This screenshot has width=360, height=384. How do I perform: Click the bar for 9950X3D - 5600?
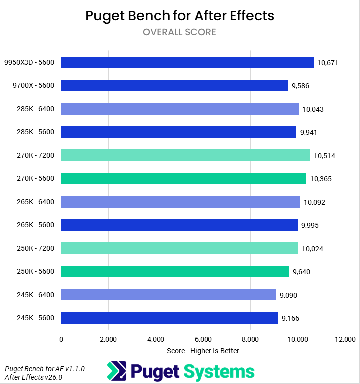point(187,62)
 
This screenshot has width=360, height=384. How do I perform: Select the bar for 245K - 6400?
point(168,295)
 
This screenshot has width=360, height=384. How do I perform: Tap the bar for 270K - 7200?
point(185,155)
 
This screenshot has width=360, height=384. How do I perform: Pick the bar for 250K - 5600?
point(175,271)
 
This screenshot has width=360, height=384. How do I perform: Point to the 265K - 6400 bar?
point(180,202)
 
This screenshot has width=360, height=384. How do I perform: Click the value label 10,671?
point(328,63)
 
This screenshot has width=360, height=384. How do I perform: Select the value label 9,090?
point(289,295)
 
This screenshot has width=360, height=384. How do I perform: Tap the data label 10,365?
point(320,179)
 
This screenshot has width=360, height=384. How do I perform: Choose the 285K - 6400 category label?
point(35,109)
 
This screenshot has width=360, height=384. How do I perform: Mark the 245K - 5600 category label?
point(35,318)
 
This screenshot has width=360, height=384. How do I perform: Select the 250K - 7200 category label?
point(35,248)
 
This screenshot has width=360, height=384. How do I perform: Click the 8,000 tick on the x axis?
point(251,339)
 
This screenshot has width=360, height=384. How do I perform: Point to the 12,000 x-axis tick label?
point(345,339)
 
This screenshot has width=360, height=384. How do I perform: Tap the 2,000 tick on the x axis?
point(108,339)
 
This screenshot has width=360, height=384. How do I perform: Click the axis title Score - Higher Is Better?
point(203,351)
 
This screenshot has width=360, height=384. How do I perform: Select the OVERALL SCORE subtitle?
point(179,32)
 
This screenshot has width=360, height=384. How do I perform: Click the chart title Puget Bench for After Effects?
point(180,16)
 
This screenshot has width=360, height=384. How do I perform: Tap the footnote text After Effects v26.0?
point(33,377)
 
